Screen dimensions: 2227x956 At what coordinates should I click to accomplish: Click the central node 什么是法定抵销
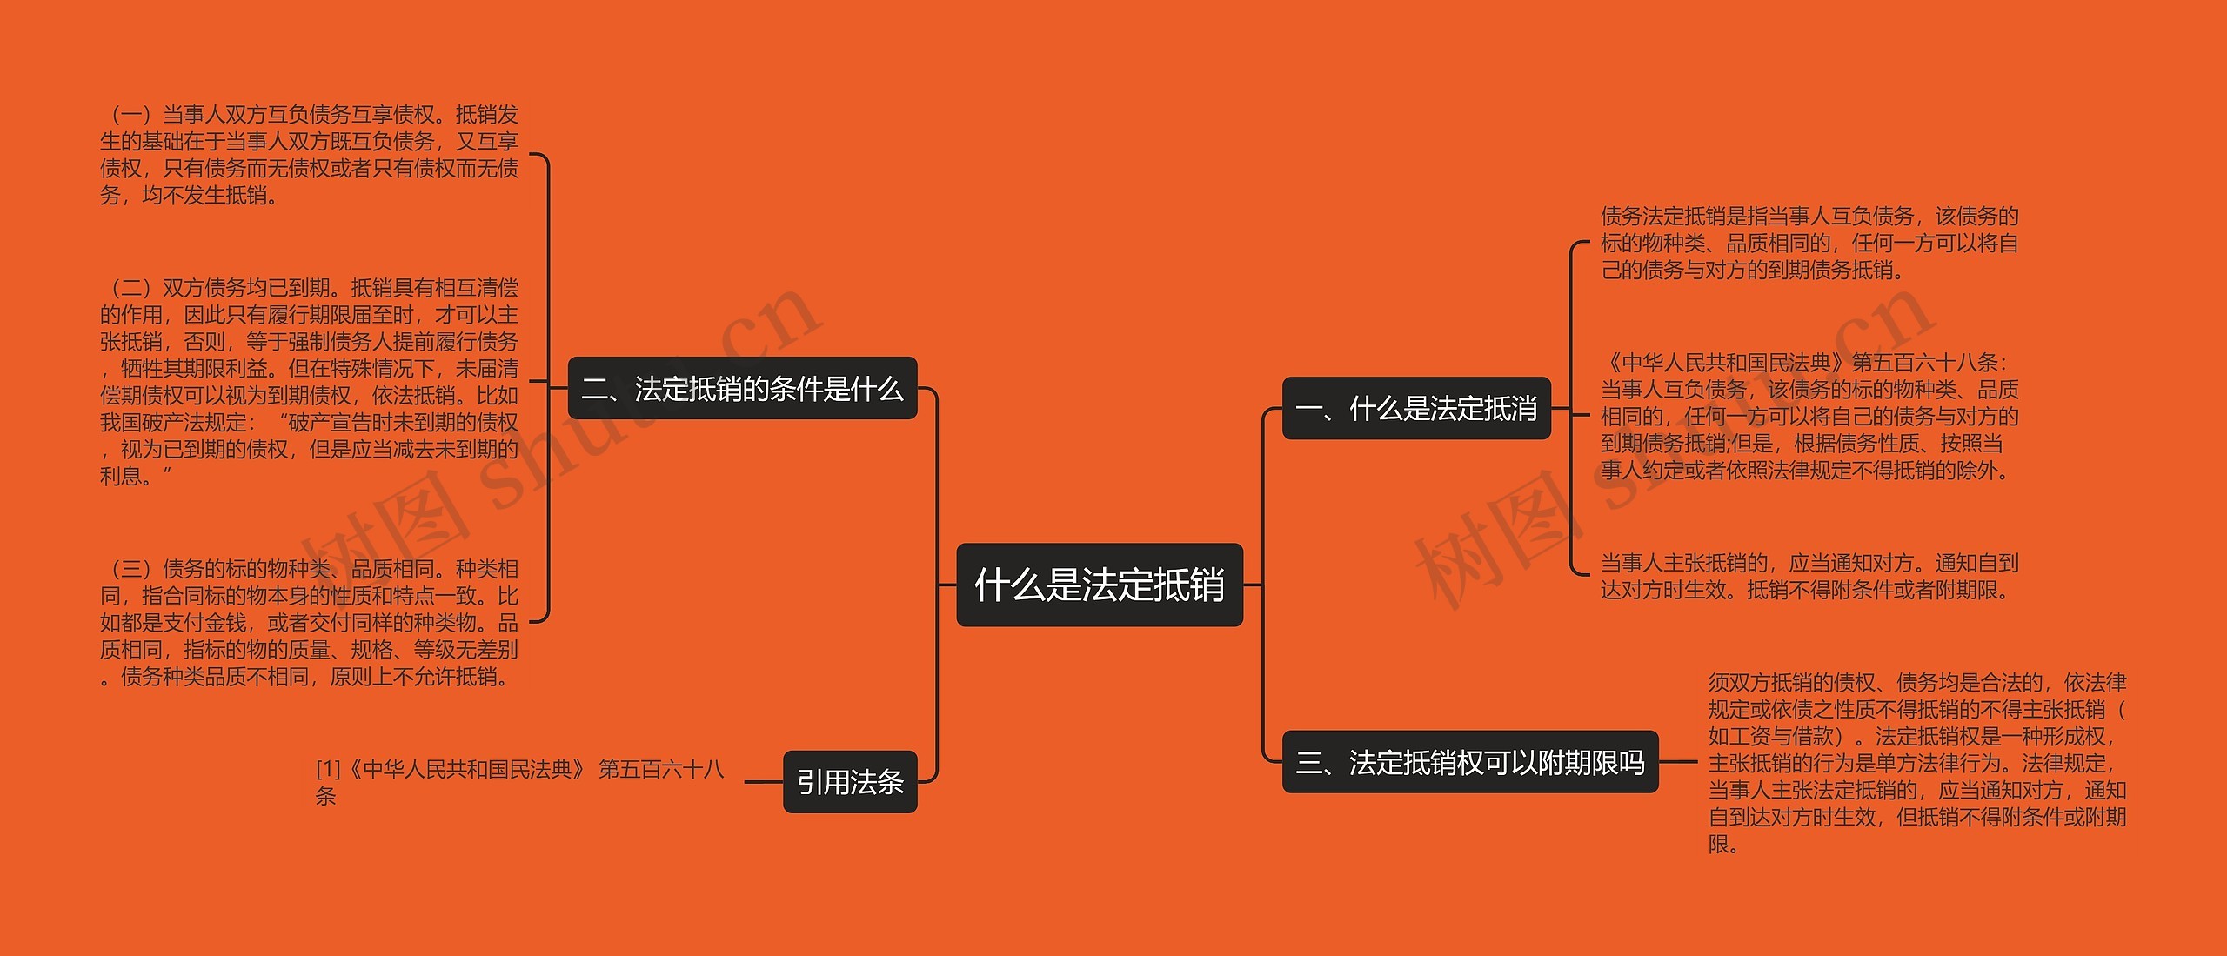click(1099, 585)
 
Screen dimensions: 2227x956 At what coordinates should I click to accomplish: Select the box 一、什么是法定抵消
click(1415, 408)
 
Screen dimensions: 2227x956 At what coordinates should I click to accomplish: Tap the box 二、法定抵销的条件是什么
click(742, 388)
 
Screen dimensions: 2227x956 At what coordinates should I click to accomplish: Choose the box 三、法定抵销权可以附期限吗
click(1469, 762)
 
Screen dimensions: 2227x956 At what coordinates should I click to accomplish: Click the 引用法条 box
click(850, 781)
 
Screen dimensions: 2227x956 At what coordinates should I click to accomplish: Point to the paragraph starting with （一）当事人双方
click(309, 155)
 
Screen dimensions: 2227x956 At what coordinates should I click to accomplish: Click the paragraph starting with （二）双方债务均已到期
click(309, 381)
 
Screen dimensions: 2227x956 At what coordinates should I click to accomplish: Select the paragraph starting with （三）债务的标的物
click(309, 622)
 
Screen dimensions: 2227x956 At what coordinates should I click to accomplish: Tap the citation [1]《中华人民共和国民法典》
click(519, 781)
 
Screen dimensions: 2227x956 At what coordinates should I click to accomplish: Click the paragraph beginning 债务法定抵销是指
click(1809, 243)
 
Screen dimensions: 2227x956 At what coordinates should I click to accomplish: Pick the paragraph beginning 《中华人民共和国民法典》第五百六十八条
click(1809, 417)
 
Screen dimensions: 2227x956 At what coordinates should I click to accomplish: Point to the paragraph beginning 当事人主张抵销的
click(1809, 576)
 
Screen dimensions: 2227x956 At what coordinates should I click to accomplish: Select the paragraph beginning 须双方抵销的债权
click(1916, 762)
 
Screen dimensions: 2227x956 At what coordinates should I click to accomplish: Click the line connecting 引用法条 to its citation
click(763, 781)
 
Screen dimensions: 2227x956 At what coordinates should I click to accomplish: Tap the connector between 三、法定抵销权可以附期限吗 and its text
click(1677, 762)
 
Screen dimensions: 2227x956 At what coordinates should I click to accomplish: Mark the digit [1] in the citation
click(329, 769)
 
